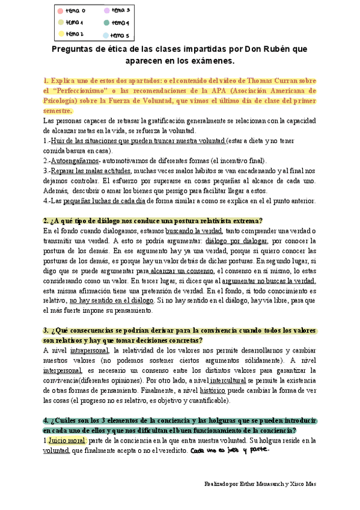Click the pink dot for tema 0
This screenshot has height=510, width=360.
[60, 11]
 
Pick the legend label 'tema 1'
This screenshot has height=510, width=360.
[75, 23]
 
